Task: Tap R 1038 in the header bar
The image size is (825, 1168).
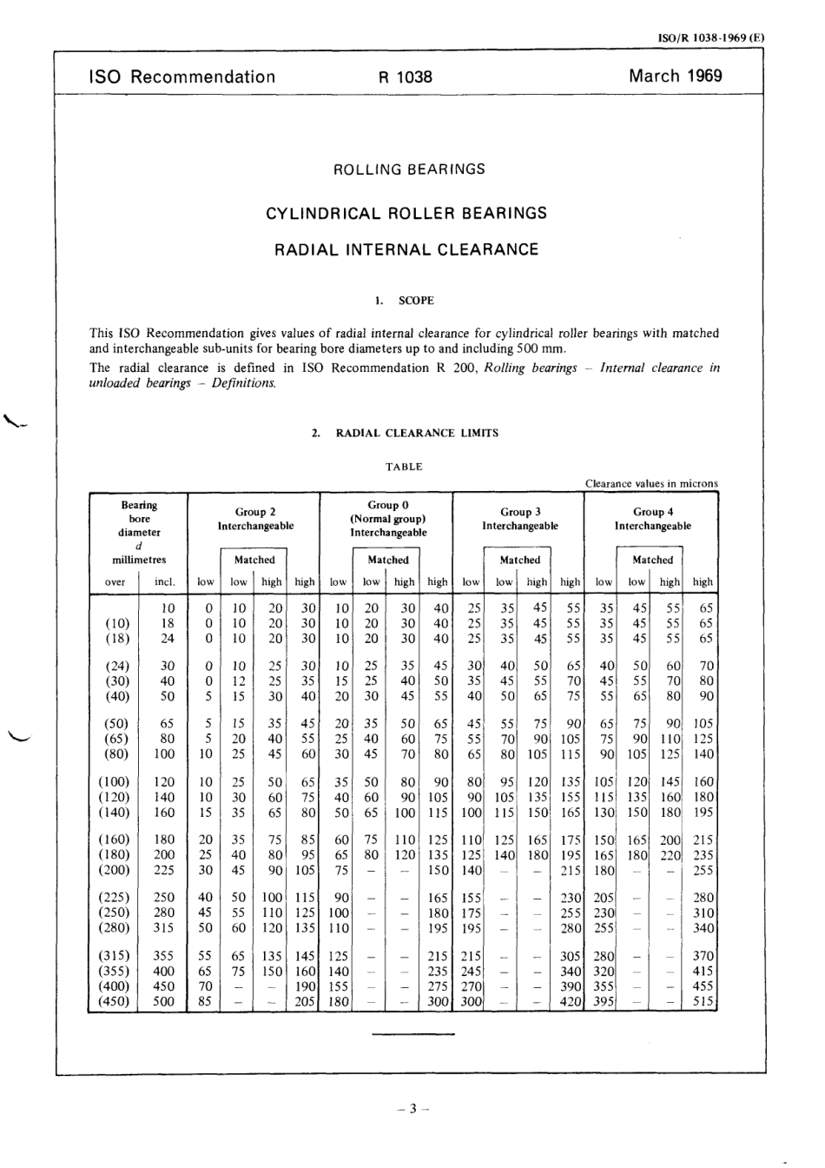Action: tap(405, 76)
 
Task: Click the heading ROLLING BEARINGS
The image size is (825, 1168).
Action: tap(409, 169)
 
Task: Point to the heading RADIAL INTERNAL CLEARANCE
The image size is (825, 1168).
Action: tap(406, 250)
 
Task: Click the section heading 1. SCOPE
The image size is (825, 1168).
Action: tap(405, 301)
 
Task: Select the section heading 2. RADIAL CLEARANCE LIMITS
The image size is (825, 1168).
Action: tap(405, 433)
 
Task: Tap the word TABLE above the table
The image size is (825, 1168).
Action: tap(404, 467)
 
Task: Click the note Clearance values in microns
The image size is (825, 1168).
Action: tap(651, 484)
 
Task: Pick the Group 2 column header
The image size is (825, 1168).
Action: tap(255, 512)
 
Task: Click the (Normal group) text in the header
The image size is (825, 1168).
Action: tap(387, 519)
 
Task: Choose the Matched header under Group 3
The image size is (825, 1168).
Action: tap(520, 561)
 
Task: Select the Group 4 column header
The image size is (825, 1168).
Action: tap(653, 512)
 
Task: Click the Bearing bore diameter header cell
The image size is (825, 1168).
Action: tap(139, 518)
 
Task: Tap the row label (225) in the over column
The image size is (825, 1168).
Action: tap(116, 898)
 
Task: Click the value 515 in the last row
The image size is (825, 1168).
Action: tap(703, 1002)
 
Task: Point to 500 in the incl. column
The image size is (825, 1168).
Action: tap(163, 1002)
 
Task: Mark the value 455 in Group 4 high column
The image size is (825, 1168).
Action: tap(703, 986)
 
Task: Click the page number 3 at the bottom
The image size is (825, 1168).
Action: tap(413, 1108)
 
